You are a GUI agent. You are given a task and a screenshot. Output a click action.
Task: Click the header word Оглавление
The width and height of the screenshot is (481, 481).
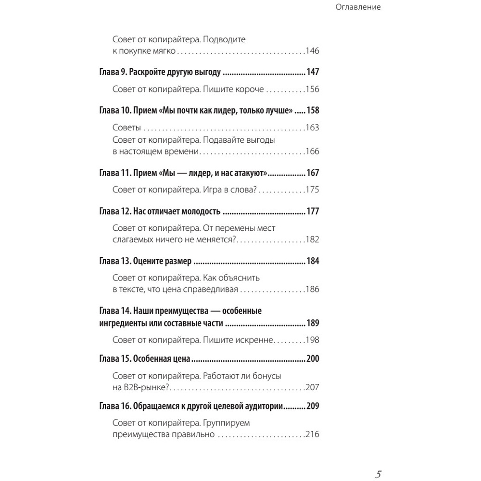pyautogui.click(x=357, y=7)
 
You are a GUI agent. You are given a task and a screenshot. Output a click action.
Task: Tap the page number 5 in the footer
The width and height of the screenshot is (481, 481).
pyautogui.click(x=379, y=474)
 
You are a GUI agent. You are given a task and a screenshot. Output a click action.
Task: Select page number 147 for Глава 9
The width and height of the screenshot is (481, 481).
pyautogui.click(x=313, y=72)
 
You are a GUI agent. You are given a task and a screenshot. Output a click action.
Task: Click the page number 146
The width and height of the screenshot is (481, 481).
pyautogui.click(x=313, y=51)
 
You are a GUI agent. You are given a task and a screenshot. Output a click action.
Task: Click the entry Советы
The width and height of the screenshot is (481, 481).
pyautogui.click(x=127, y=128)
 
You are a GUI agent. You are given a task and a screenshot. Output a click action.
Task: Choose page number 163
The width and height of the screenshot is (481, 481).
pyautogui.click(x=313, y=128)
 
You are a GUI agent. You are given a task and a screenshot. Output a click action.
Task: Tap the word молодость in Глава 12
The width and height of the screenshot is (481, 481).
pyautogui.click(x=199, y=211)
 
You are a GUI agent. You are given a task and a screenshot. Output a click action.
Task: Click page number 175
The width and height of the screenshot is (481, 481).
pyautogui.click(x=313, y=190)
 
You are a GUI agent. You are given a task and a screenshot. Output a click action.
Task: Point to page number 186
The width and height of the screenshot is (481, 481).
pyautogui.click(x=313, y=290)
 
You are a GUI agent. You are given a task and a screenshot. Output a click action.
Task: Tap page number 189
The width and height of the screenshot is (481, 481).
pyautogui.click(x=313, y=323)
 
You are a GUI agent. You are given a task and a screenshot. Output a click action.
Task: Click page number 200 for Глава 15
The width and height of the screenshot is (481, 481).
pyautogui.click(x=313, y=359)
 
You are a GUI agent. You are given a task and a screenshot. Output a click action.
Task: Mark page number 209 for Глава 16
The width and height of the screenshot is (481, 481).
pyautogui.click(x=313, y=406)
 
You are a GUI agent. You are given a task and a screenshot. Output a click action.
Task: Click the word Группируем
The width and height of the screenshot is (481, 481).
pyautogui.click(x=227, y=423)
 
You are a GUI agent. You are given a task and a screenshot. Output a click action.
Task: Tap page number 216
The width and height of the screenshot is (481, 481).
pyautogui.click(x=313, y=435)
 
